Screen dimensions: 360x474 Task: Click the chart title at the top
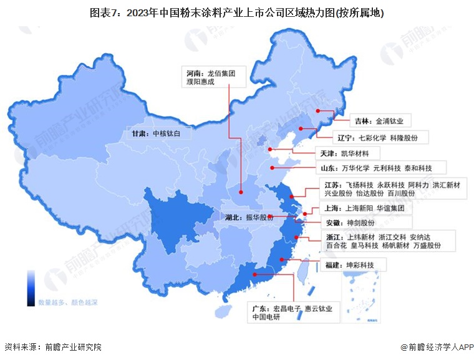coord(236,12)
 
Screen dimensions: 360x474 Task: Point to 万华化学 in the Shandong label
coord(355,168)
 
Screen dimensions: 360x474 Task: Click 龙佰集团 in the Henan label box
coord(222,72)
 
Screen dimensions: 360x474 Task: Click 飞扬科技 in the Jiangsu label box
coord(359,185)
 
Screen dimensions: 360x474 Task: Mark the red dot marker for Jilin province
coord(318,112)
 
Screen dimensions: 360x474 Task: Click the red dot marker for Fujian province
coord(282,260)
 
